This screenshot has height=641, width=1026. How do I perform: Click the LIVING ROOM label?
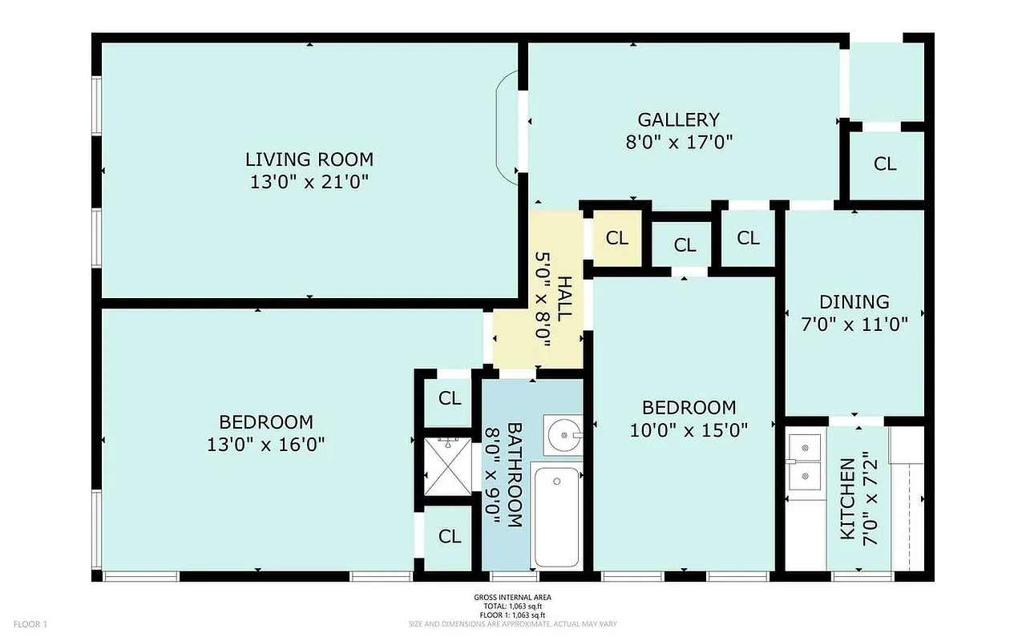309,159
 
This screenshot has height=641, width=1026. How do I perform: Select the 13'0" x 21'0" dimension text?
309,182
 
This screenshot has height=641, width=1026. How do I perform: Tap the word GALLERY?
678,119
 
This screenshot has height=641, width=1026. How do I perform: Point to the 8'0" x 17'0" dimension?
680,143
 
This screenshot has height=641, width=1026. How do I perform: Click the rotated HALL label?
564,298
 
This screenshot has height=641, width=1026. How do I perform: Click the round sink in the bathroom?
563,434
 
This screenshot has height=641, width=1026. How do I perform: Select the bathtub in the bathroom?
555,516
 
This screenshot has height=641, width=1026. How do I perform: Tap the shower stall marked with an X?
450,467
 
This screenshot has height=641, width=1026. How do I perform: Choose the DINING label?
854,302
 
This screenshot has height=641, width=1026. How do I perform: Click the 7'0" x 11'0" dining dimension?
854,325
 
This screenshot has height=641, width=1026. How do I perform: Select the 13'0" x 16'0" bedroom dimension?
266,444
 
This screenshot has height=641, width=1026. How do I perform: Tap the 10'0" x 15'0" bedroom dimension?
689,430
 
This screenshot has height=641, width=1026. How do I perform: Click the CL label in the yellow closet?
616,238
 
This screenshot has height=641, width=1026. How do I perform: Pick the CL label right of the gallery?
885,164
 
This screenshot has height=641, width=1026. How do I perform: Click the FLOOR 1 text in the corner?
31,623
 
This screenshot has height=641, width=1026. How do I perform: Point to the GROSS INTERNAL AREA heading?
512,597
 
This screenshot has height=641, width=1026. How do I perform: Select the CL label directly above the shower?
450,398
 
